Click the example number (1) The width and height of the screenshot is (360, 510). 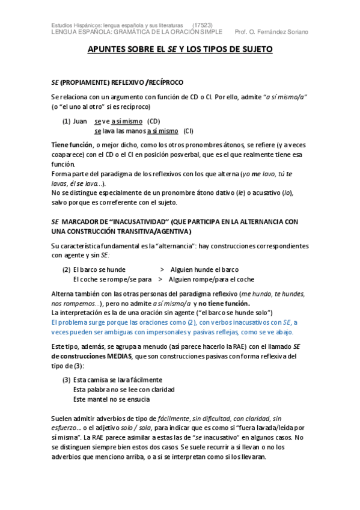tap(67, 121)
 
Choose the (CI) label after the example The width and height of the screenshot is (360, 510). tap(188, 131)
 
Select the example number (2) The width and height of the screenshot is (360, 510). tap(67, 269)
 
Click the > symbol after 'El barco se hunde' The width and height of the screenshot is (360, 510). tap(162, 269)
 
